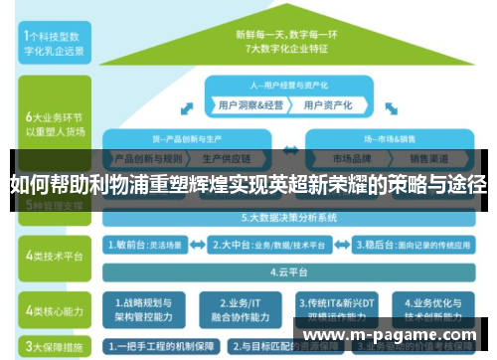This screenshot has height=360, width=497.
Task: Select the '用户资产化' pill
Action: click(x=327, y=104)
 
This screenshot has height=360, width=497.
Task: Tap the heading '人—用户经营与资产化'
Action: click(x=289, y=86)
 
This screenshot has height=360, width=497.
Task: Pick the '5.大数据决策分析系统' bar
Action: click(x=289, y=216)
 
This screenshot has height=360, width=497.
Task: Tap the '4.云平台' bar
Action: click(x=289, y=270)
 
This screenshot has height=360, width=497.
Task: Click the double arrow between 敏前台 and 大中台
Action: click(x=198, y=242)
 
